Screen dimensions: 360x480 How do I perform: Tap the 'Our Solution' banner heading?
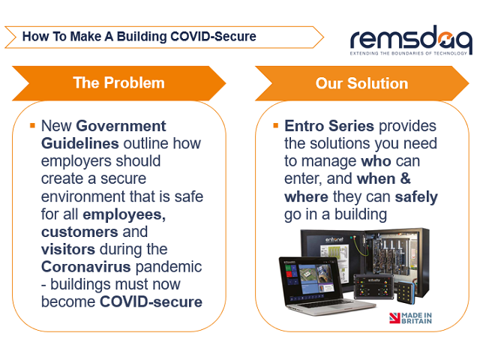click(361, 82)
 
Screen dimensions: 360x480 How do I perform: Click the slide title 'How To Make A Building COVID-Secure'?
click(139, 36)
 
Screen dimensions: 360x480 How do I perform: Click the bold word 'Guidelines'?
click(77, 142)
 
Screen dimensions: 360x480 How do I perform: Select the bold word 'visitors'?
click(67, 249)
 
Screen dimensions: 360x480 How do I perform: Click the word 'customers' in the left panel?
click(74, 232)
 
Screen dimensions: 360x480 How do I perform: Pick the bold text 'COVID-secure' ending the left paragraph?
click(151, 302)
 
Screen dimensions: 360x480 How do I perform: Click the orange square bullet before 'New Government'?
click(32, 124)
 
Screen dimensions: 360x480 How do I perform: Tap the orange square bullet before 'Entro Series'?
click(276, 124)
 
